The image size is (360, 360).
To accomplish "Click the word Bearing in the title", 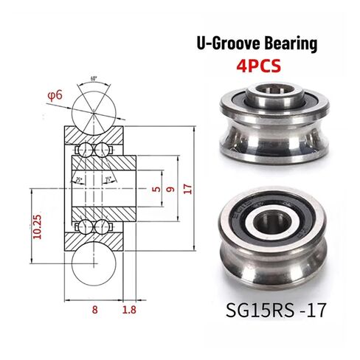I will pyautogui.click(x=289, y=44).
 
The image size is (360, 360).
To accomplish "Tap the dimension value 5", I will pyautogui.click(x=155, y=188).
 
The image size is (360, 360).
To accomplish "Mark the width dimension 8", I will pyautogui.click(x=94, y=311).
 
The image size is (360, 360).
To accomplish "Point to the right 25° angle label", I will pyautogui.click(x=107, y=179).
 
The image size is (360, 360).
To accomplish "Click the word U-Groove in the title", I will pyautogui.click(x=226, y=44).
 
